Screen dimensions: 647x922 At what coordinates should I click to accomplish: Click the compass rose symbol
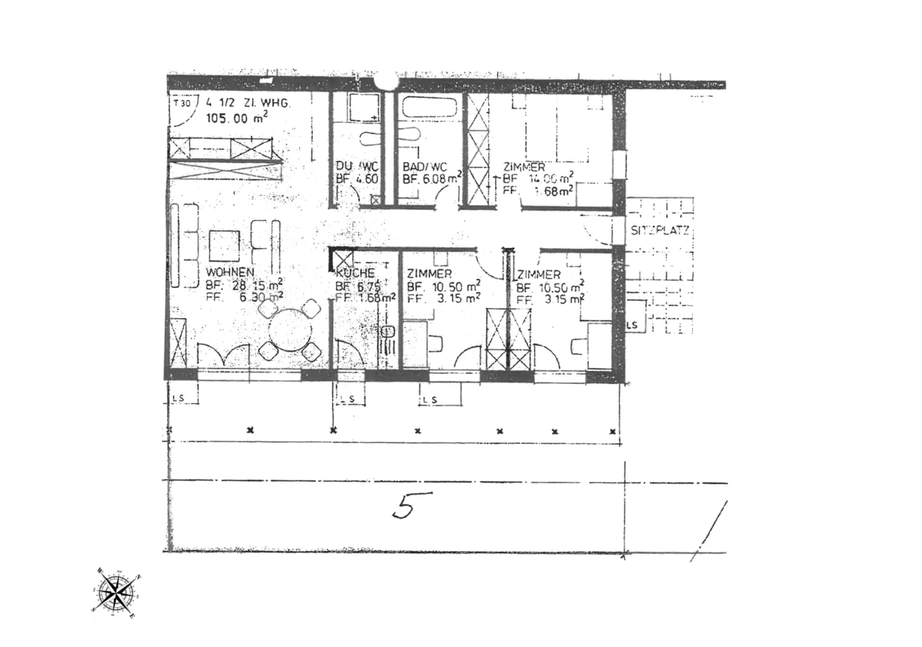[x=117, y=591]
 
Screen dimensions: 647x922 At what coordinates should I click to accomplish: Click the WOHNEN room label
[x=230, y=273]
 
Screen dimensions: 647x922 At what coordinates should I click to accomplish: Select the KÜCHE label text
[x=355, y=274]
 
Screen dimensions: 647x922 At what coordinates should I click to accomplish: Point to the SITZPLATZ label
[x=660, y=231]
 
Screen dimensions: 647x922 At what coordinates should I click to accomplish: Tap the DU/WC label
[x=357, y=167]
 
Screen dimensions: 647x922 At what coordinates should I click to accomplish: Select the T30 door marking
[x=182, y=102]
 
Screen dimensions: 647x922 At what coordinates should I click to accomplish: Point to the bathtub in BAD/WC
[x=426, y=107]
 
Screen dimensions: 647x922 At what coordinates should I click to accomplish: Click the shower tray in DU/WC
[x=363, y=107]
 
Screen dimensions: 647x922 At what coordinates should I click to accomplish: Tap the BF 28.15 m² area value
[x=245, y=286]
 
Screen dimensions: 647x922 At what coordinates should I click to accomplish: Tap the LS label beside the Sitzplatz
[x=633, y=325]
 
